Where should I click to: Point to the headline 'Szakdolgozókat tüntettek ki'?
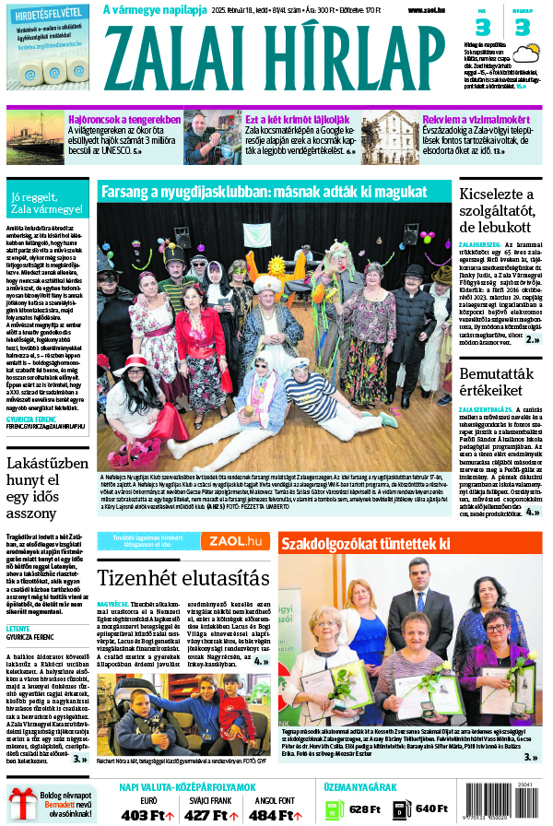pos(366,544)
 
